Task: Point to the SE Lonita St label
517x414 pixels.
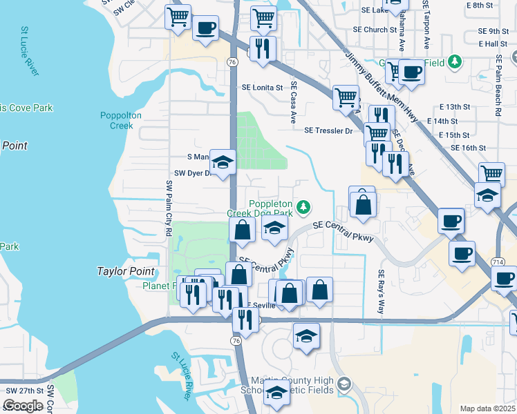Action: (263, 88)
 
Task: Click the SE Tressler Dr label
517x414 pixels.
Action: (328, 130)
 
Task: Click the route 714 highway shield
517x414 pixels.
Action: (497, 262)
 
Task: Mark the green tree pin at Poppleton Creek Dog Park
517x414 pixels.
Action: (303, 206)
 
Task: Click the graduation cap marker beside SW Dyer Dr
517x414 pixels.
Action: (223, 163)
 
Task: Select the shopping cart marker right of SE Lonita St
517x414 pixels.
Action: (346, 97)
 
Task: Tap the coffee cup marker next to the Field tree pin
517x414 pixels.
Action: (412, 72)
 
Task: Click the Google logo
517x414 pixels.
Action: (23, 405)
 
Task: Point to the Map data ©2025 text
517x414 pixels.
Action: (487, 408)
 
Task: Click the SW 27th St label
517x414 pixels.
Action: (24, 391)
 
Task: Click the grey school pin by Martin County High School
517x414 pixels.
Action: (344, 384)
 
